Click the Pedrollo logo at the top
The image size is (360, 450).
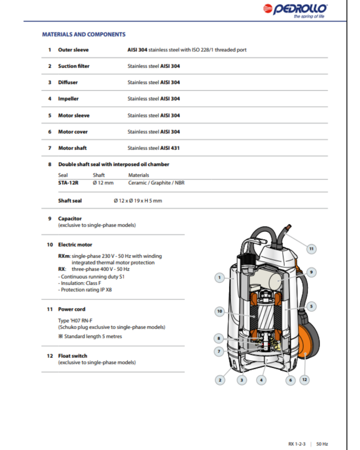[295, 9]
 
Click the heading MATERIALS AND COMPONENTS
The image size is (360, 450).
[84, 34]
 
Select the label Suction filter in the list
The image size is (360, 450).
[74, 66]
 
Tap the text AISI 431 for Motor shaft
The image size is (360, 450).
[170, 148]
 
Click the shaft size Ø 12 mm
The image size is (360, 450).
[103, 183]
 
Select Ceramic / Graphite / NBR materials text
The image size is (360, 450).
[156, 183]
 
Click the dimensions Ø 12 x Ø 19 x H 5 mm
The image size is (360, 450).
[138, 201]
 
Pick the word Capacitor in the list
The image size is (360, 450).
[70, 218]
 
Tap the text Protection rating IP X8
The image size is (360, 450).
[85, 290]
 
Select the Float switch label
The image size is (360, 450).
[73, 356]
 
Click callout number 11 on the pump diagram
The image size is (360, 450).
[311, 248]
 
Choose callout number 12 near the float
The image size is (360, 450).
[304, 379]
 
